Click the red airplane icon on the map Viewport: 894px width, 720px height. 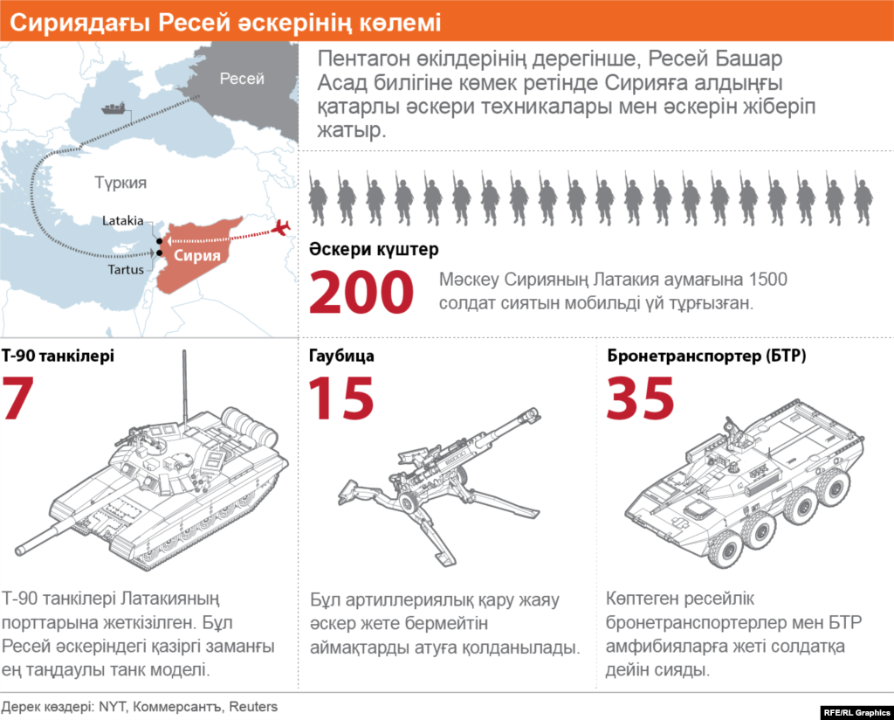coord(280,228)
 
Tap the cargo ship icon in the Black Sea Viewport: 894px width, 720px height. coord(113,108)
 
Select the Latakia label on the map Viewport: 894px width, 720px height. coord(122,221)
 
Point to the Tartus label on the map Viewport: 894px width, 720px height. coord(126,269)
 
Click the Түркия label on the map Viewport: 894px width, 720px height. coord(120,183)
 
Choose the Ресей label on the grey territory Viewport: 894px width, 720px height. coord(242,79)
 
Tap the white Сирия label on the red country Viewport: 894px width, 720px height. coord(196,255)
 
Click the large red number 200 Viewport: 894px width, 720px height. coord(361,292)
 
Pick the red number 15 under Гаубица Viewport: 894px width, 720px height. coord(341,398)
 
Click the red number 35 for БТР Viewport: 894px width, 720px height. coord(640,398)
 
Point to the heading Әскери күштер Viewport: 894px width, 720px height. coord(374,249)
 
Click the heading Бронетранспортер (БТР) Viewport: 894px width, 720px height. coord(706,356)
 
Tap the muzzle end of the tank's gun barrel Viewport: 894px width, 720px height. coord(21,550)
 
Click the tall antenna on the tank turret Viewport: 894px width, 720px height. coord(184,387)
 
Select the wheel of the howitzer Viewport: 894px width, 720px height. coord(409,502)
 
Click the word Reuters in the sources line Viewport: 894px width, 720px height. coord(253,707)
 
